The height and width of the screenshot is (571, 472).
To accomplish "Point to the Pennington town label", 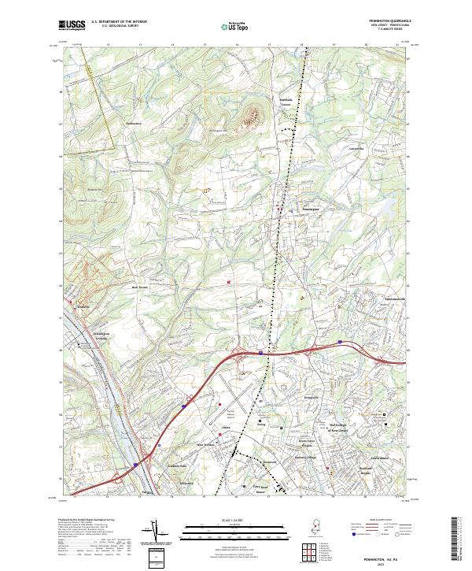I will point(309,209).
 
